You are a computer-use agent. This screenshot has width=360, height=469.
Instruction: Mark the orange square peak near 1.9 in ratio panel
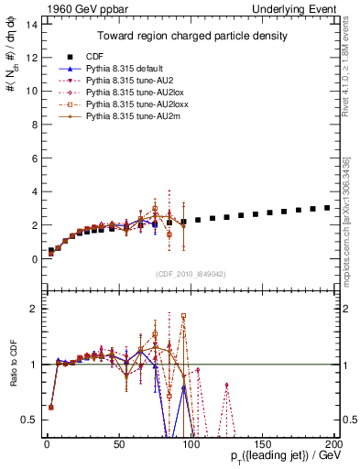(183, 316)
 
